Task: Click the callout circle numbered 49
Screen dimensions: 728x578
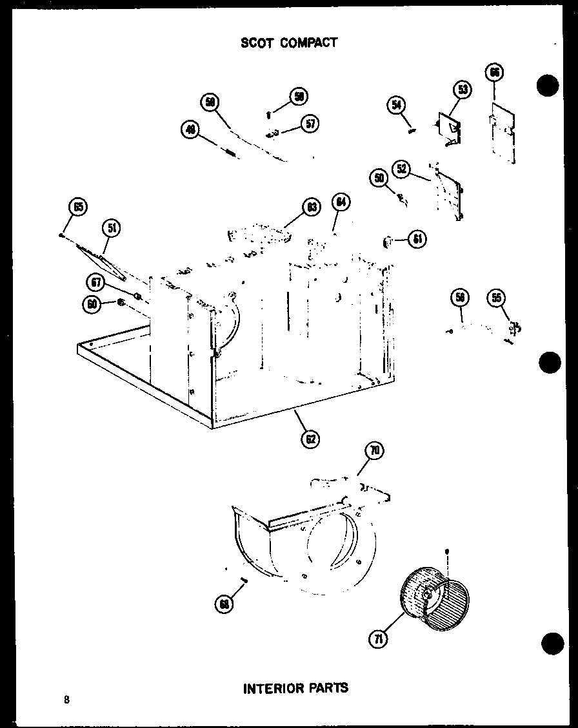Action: tap(190, 131)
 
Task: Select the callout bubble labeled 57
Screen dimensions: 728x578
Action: tap(311, 124)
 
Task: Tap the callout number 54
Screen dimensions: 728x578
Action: tap(397, 105)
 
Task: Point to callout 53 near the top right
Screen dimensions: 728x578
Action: tap(463, 90)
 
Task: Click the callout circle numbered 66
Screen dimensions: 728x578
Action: tap(495, 73)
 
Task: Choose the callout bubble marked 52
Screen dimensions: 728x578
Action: tap(402, 169)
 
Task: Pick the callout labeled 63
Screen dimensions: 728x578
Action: tap(312, 207)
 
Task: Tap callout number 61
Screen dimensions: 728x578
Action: tap(417, 239)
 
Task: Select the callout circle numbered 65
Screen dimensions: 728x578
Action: tap(78, 207)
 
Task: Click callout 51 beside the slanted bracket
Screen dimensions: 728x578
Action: tap(112, 227)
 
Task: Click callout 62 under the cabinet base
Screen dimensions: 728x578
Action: tap(310, 439)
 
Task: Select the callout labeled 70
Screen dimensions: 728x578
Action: tap(374, 451)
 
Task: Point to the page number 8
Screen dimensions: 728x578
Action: tap(66, 700)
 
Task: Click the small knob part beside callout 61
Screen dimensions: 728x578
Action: tap(389, 241)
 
